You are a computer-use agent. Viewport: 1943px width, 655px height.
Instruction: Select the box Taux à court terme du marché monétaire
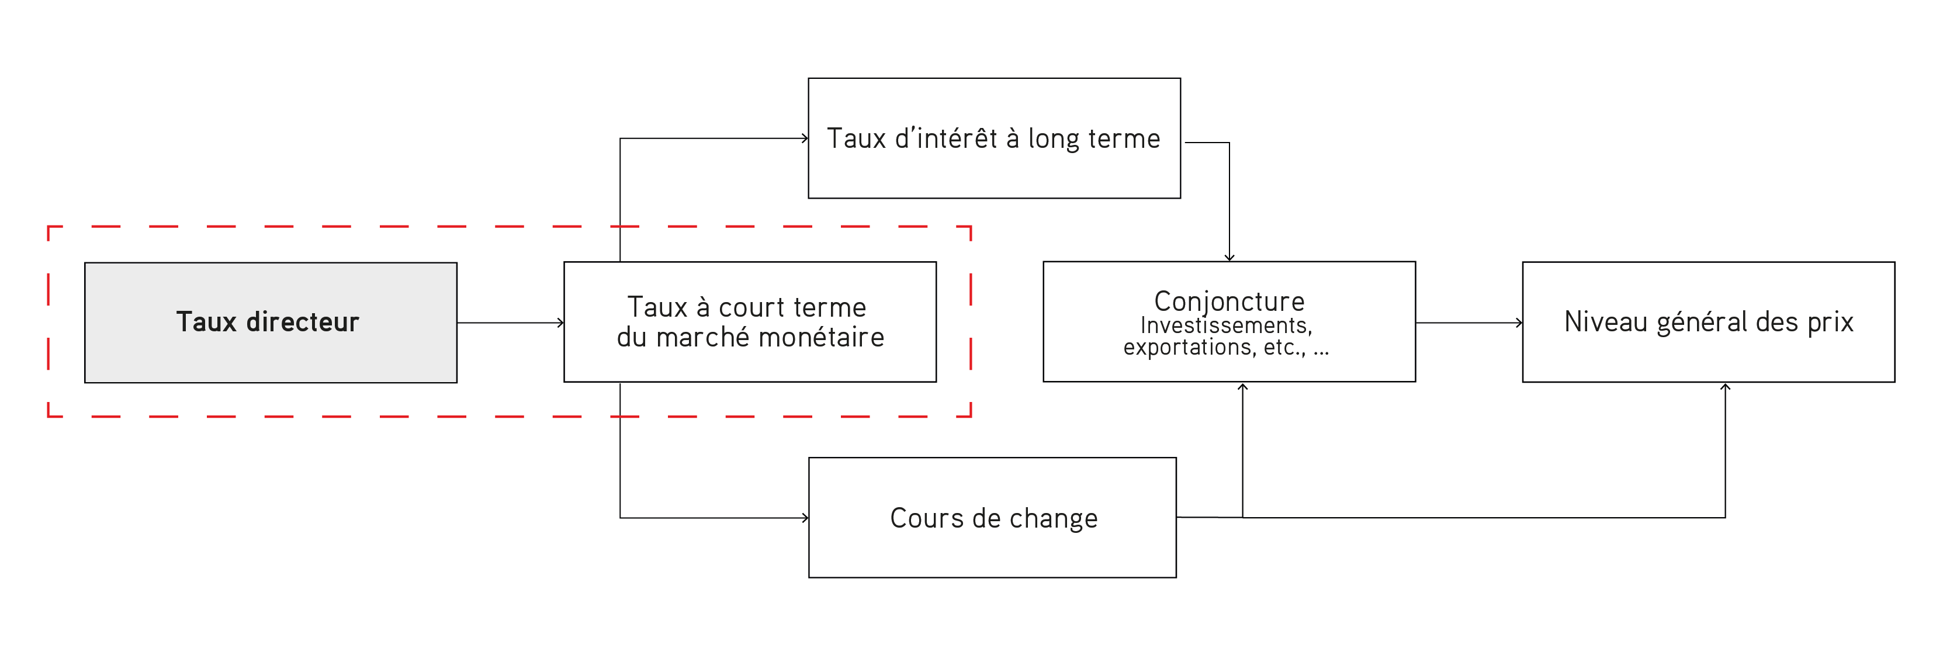tap(750, 322)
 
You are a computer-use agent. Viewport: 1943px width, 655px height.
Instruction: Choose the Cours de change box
tap(992, 518)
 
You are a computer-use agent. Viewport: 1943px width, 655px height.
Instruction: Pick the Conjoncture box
tap(1229, 322)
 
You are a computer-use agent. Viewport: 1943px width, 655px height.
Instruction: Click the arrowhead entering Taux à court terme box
tap(560, 323)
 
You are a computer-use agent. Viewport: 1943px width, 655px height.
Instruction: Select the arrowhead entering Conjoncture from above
tap(1229, 258)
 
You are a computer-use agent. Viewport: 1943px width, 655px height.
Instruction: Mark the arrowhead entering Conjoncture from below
tap(1242, 387)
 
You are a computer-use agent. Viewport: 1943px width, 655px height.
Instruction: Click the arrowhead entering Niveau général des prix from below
tap(1725, 387)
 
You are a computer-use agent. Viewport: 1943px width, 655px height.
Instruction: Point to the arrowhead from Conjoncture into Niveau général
tap(1519, 323)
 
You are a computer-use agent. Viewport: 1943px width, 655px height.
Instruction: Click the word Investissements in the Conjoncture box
tap(1225, 325)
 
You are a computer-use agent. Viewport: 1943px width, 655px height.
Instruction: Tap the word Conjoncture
tap(1229, 301)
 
